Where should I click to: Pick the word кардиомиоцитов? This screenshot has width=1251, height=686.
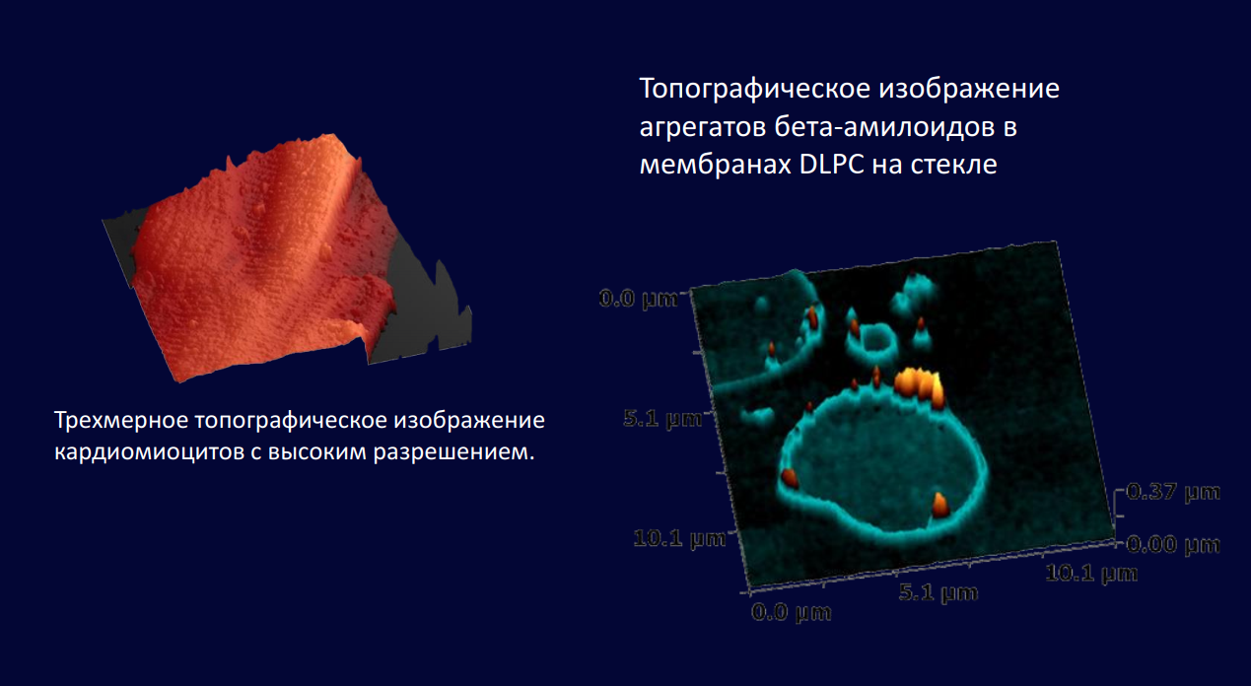149,451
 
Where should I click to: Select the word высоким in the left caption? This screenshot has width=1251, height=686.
317,451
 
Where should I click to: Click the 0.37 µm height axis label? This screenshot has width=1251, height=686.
1173,492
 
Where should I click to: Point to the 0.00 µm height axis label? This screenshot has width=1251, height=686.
1173,544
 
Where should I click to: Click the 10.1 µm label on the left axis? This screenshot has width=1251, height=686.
679,538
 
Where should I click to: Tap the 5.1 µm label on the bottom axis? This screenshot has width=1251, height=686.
938,592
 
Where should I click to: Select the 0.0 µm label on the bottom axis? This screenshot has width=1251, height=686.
792,612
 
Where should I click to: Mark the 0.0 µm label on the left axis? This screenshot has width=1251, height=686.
639,300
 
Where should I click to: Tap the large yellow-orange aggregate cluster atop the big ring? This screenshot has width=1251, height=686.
919,386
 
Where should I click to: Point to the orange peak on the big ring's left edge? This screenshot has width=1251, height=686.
789,478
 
